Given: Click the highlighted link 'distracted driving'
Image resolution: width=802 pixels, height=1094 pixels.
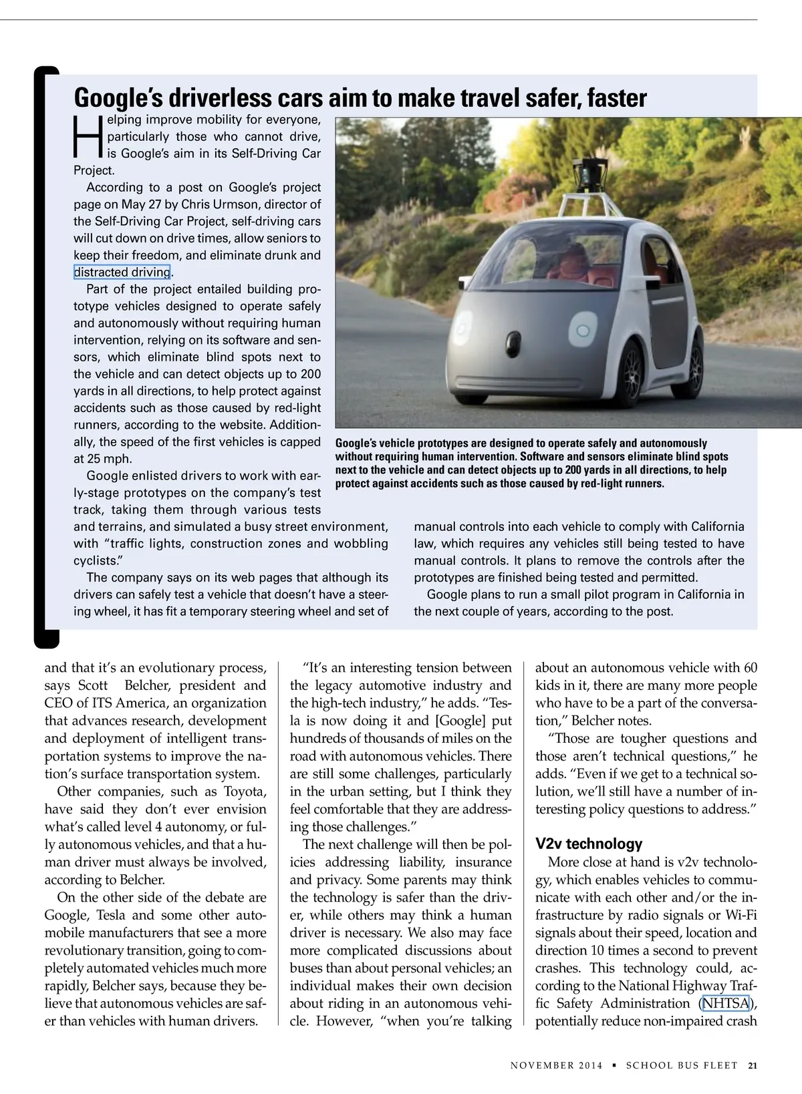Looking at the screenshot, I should point(122,272).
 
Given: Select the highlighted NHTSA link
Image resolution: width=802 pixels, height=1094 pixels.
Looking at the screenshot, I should point(726,1003).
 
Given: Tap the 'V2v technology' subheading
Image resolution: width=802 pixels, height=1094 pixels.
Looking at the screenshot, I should point(589,844).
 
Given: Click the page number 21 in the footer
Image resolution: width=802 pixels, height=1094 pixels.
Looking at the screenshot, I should point(753,1065).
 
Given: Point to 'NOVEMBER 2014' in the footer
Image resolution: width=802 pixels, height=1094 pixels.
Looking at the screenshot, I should point(556,1065).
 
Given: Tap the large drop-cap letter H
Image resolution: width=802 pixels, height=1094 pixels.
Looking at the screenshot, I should point(87,137).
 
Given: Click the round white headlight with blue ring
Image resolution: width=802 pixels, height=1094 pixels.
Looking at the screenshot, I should point(582,331).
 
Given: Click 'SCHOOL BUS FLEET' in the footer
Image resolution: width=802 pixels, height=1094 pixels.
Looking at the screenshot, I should point(682,1065).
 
